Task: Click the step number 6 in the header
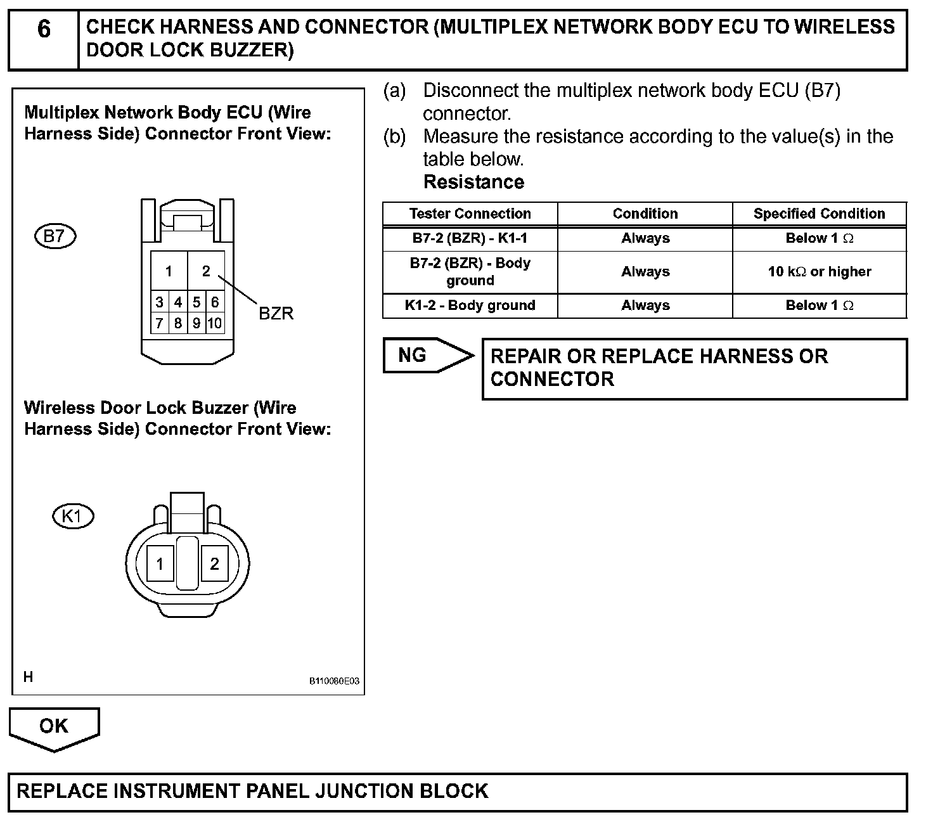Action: point(44,29)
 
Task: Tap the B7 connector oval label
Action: point(55,236)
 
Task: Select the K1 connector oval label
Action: point(72,516)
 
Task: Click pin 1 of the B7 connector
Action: point(169,271)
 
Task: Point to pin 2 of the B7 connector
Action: point(206,271)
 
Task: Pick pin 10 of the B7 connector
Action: point(215,323)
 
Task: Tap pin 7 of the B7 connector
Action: point(160,323)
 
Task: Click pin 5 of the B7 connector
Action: point(196,302)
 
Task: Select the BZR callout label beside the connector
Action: point(276,314)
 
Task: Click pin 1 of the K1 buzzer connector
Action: point(160,563)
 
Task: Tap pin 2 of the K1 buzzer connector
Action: point(214,563)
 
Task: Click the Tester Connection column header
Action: point(470,214)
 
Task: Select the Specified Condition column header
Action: point(819,214)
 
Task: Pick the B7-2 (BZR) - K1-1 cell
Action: point(470,238)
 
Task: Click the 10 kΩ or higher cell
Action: point(819,272)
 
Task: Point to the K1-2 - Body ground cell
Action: point(470,305)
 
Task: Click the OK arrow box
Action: point(54,726)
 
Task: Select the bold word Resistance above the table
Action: point(473,182)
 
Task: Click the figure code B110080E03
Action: point(334,681)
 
